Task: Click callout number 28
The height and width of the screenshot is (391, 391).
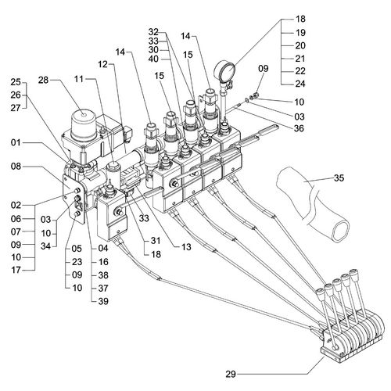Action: tap(43, 80)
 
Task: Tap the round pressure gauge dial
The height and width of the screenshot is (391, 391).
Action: tap(224, 70)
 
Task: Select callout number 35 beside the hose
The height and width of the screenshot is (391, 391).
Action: tap(339, 178)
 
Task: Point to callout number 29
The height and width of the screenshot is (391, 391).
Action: tap(231, 375)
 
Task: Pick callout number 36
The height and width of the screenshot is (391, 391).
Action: tap(300, 128)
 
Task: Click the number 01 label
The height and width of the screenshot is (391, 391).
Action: tap(16, 142)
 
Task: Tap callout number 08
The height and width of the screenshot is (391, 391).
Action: tap(16, 166)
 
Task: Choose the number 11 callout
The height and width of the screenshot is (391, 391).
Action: tap(79, 79)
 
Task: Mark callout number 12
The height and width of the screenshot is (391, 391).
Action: tap(103, 64)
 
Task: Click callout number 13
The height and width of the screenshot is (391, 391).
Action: tap(186, 247)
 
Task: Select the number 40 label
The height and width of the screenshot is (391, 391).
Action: tap(153, 59)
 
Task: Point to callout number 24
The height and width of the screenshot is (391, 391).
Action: tap(300, 84)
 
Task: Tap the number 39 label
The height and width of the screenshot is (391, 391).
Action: tap(103, 301)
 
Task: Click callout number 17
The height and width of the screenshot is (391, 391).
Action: tap(16, 270)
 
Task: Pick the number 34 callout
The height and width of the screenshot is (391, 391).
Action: tap(45, 246)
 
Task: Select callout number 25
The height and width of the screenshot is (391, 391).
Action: tap(16, 82)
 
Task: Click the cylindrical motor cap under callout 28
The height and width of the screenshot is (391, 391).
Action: tap(84, 125)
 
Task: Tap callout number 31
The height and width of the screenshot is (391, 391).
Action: tap(156, 240)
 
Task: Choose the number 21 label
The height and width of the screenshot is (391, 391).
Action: tap(300, 59)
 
